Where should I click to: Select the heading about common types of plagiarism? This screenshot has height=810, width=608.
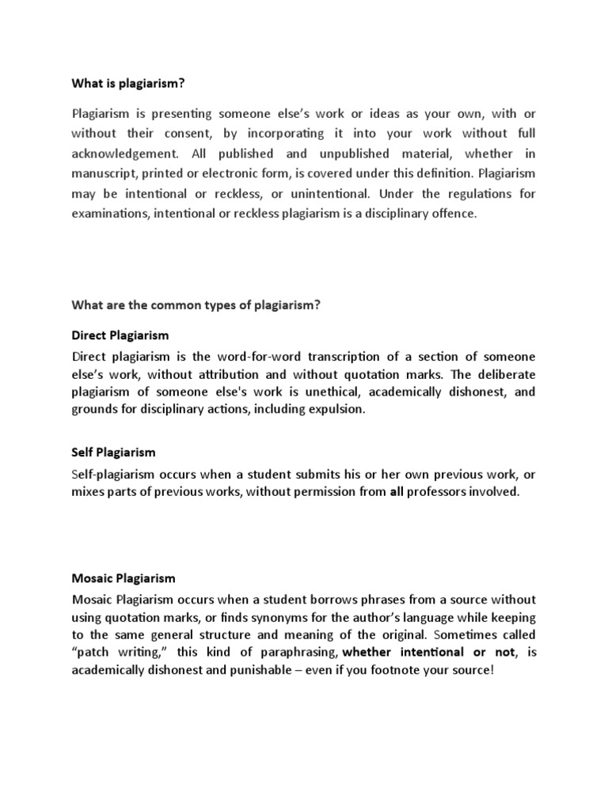pyautogui.click(x=196, y=305)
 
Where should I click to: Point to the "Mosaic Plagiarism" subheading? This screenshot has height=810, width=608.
pyautogui.click(x=123, y=578)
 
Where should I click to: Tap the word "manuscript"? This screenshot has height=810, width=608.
pyautogui.click(x=104, y=174)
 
